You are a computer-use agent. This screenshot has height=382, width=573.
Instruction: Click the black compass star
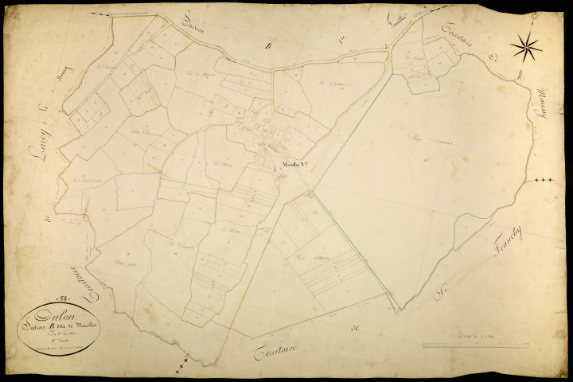click(526, 47)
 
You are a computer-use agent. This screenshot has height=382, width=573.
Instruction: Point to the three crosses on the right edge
click(544, 181)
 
